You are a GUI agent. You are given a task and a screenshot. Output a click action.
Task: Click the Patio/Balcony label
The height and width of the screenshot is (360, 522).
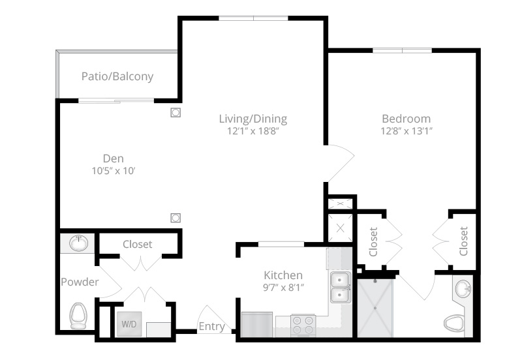pyautogui.click(x=117, y=76)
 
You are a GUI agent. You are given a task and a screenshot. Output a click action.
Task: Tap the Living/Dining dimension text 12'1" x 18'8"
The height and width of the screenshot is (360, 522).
pyautogui.click(x=253, y=130)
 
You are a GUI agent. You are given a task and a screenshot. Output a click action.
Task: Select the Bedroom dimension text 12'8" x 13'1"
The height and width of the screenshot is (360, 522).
pyautogui.click(x=407, y=130)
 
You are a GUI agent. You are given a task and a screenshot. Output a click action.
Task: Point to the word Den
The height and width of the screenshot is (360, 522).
pyautogui.click(x=113, y=158)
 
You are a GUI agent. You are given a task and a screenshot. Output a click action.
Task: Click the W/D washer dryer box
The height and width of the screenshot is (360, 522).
pyautogui.click(x=129, y=323)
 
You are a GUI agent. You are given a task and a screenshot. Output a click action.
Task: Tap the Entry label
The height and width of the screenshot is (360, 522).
pyautogui.click(x=211, y=326)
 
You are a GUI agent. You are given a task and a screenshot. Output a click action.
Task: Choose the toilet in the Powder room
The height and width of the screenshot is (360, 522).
pyautogui.click(x=78, y=316)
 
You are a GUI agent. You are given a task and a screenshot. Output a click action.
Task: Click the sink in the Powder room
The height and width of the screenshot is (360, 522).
pyautogui.click(x=79, y=243)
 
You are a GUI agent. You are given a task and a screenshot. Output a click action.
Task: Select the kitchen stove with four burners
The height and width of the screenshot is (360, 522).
pyautogui.click(x=303, y=325)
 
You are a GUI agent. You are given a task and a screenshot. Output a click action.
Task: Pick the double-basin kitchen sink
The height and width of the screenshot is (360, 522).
pyautogui.click(x=340, y=287)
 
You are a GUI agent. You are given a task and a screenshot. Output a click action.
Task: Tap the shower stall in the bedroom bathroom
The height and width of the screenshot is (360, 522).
pyautogui.click(x=375, y=308)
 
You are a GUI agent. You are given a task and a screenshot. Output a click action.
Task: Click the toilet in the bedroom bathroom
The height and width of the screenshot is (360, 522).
pyautogui.click(x=454, y=323)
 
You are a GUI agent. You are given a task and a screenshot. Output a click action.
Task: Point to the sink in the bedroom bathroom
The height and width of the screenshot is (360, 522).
pyautogui.click(x=463, y=289)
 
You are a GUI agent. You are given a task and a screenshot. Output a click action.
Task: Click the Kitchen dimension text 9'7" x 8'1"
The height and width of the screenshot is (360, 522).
pyautogui.click(x=283, y=287)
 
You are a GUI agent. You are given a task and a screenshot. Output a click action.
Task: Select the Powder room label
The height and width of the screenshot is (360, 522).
pyautogui.click(x=80, y=282)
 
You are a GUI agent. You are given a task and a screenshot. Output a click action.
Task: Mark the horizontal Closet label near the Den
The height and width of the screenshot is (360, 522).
pyautogui.click(x=137, y=244)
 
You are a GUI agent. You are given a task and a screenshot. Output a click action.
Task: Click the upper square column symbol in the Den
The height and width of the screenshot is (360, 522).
pyautogui.click(x=176, y=113)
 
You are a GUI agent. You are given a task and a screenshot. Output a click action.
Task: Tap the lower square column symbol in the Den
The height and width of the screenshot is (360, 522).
pyautogui.click(x=176, y=218)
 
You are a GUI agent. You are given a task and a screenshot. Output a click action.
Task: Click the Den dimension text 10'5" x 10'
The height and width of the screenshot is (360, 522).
pyautogui.click(x=113, y=171)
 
